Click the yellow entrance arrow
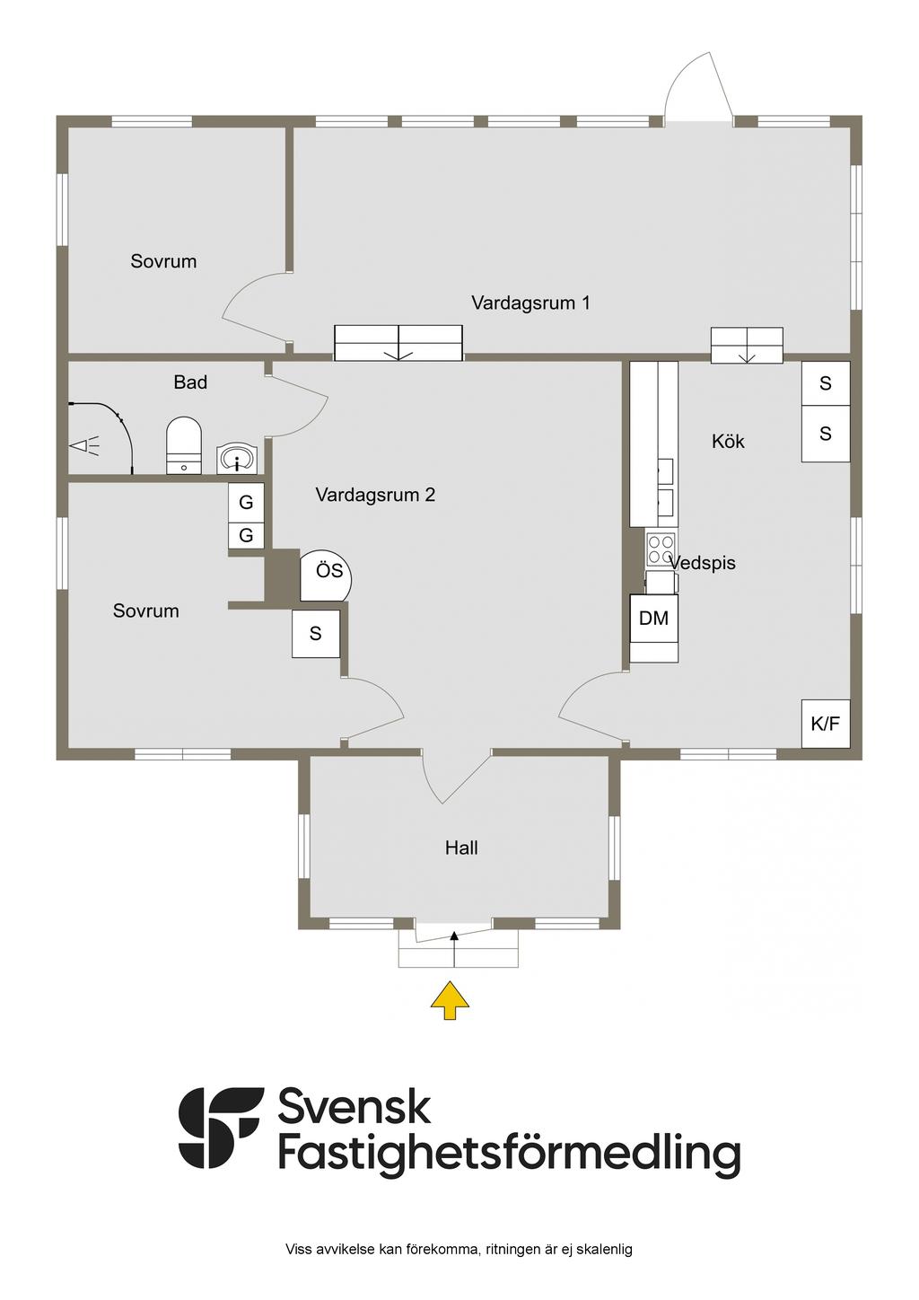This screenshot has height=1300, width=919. [x=451, y=1000]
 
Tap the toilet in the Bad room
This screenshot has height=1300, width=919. [x=184, y=444]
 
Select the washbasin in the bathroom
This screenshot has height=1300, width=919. [x=238, y=459]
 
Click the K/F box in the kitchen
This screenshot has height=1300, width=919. [x=826, y=723]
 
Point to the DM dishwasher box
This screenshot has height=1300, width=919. [x=653, y=618]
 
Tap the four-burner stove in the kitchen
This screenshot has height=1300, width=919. [x=661, y=548]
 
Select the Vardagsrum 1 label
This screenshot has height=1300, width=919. [x=530, y=303]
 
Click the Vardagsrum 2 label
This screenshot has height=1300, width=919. [x=375, y=495]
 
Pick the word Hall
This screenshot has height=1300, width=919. [x=461, y=848]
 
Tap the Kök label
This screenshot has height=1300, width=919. [x=728, y=441]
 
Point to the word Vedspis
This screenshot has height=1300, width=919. [x=703, y=563]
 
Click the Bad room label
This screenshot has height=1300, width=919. [x=190, y=382]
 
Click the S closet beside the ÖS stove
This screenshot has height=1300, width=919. [x=316, y=634]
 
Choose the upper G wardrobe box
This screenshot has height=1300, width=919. [x=246, y=503]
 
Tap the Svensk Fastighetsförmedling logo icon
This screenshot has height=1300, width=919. [x=221, y=1128]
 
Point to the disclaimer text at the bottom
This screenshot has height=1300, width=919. [x=459, y=1249]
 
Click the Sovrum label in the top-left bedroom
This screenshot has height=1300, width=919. [x=163, y=261]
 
